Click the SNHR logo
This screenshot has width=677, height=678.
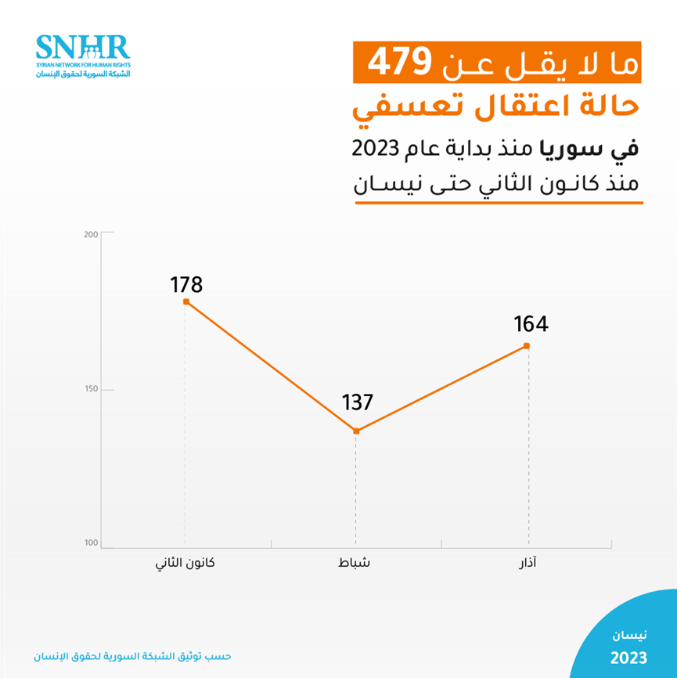click(82, 56)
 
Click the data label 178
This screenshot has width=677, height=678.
click(186, 284)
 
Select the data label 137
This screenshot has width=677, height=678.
click(358, 402)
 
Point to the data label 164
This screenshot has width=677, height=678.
click(531, 324)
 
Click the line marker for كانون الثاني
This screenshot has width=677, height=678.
click(186, 301)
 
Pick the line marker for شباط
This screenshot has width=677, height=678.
click(356, 431)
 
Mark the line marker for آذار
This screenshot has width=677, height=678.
click(527, 346)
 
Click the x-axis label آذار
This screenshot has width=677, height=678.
click(528, 564)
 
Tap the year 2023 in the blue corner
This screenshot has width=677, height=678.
click(628, 655)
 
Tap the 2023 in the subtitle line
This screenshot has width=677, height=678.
click(376, 148)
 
